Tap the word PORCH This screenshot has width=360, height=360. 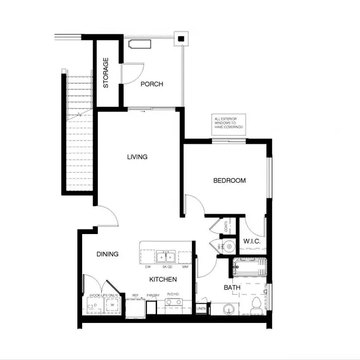pos(152,84)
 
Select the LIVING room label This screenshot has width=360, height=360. pos(137,157)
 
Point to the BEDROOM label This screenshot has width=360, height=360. pos(229,181)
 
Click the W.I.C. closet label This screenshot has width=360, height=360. pos(251,242)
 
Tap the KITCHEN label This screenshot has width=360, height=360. pos(163,280)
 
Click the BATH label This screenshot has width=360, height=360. pos(232,287)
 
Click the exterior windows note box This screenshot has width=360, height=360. pos(228,124)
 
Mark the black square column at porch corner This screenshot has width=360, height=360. pos(181,39)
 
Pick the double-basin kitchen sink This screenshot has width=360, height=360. pos(166,258)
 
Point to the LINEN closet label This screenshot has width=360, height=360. pos(201,308)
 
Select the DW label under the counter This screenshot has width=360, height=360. pos(147,267)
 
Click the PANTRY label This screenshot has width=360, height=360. pos(153,295)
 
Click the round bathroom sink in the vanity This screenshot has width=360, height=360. pos(228,309)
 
